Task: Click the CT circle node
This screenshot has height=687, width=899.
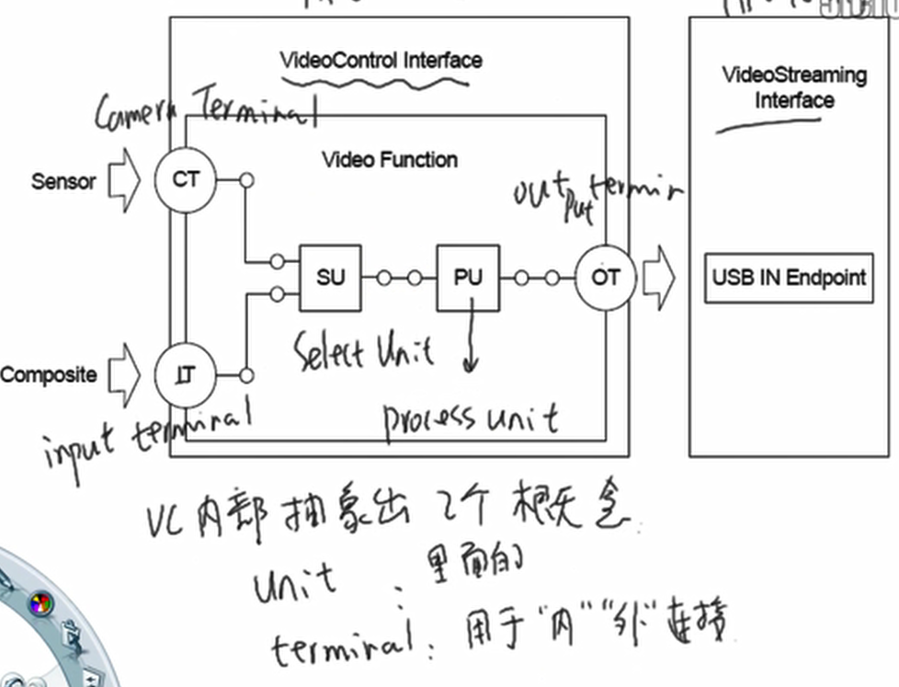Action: pos(185,180)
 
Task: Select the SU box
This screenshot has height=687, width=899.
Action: pos(330,277)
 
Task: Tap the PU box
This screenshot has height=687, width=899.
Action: pos(468,277)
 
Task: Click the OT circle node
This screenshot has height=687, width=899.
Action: pos(606,277)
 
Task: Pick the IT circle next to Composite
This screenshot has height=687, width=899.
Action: pos(185,375)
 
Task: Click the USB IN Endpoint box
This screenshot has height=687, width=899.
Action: pos(789,278)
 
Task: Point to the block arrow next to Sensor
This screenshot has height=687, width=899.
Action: pos(123,180)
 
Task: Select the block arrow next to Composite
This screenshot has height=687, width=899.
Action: pos(123,375)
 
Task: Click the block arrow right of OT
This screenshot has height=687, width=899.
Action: pos(658,277)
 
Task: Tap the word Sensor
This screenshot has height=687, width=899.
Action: pos(63,181)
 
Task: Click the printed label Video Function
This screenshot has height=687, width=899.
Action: pos(390,160)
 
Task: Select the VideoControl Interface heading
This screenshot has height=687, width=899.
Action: pos(381,61)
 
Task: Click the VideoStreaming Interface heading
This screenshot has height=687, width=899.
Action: pos(794,87)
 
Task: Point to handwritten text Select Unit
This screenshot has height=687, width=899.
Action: pos(364,351)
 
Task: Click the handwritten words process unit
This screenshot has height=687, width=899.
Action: pos(471,419)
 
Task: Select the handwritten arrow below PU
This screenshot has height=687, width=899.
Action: pos(471,340)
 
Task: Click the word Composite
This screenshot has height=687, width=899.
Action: pos(48,375)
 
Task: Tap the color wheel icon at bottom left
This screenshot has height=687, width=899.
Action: pos(40,604)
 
